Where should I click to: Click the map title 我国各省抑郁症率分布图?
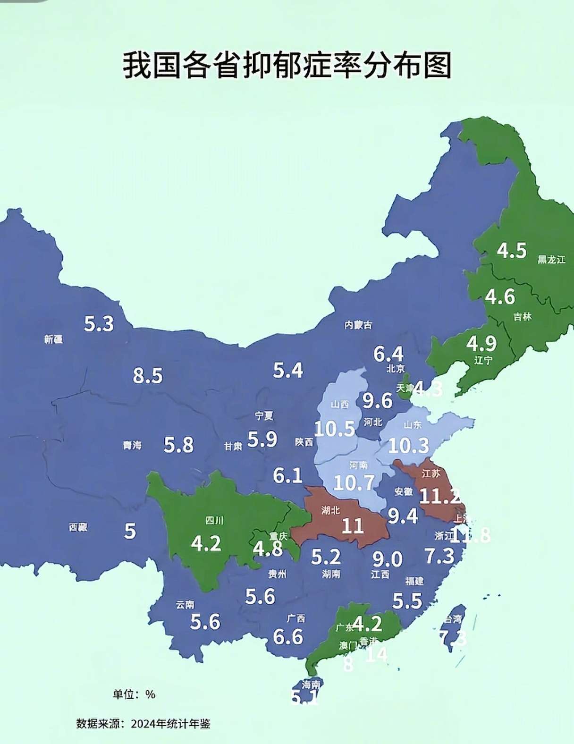tap(287, 65)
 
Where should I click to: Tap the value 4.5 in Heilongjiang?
tap(512, 251)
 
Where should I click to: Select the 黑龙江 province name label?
tap(551, 260)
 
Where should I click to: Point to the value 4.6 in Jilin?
tap(500, 297)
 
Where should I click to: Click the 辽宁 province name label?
tap(483, 361)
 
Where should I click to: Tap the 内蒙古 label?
tap(358, 325)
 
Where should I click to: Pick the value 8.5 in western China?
tap(147, 376)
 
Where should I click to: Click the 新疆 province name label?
tap(53, 339)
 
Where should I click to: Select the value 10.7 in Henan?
tap(354, 482)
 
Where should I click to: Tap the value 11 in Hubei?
tap(352, 525)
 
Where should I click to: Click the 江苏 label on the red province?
tap(430, 473)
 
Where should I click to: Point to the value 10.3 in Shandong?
tap(408, 446)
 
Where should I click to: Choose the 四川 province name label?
tap(214, 520)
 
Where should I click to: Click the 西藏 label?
tap(78, 527)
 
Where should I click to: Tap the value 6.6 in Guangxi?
tap(288, 637)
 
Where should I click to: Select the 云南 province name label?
tap(185, 605)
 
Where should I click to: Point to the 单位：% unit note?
tap(134, 694)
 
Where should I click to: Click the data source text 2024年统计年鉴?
tap(170, 724)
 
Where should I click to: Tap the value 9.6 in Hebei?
tap(377, 401)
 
